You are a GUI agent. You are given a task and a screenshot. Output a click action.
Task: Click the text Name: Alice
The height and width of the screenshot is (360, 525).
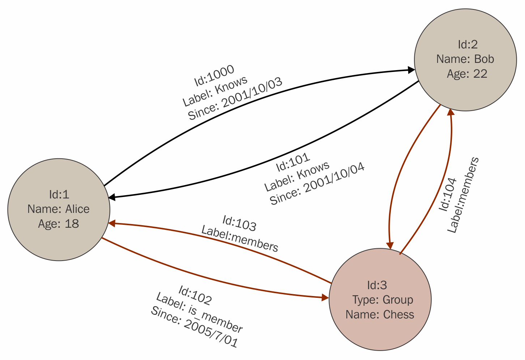coord(59,209)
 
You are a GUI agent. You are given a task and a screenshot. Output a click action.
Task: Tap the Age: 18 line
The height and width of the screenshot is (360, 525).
coord(59,224)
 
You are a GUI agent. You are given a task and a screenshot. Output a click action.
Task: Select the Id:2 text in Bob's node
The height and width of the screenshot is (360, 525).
coord(468,44)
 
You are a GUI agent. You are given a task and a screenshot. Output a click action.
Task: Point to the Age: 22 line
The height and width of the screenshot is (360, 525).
coord(467,74)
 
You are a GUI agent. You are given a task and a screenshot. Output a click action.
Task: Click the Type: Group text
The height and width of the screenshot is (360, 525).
coord(383,300)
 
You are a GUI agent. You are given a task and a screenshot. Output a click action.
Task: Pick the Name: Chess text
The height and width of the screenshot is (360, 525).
coord(380,314)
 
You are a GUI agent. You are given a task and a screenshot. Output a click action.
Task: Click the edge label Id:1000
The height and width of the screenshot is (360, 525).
coord(214,76)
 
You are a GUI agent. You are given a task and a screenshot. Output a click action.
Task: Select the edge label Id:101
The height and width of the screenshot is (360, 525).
coord(293,162)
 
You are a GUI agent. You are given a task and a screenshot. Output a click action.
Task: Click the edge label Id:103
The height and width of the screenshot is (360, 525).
coord(239,223)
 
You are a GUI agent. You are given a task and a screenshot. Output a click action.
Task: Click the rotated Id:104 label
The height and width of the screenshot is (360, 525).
coord(448,194)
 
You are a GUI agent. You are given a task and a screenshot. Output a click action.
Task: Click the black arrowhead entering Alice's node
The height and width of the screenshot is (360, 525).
coord(112,197)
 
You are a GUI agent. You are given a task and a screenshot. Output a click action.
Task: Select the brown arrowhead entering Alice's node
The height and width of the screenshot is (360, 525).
coord(112,223)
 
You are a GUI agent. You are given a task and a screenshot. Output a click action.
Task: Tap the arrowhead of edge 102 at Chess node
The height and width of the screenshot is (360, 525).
coord(325,298)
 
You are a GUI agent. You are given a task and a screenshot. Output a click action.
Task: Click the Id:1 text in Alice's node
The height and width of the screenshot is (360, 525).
coord(59,194)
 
